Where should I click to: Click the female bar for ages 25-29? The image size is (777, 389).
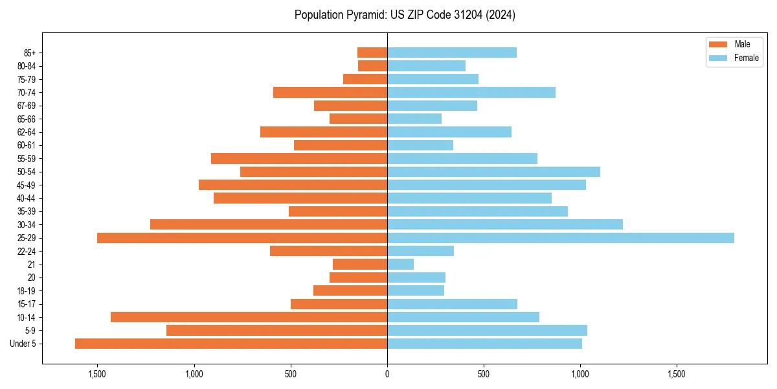tap(560, 238)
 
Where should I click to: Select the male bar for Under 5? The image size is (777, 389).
tap(231, 344)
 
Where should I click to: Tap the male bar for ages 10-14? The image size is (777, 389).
tap(249, 317)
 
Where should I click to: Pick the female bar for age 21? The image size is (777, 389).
tap(400, 265)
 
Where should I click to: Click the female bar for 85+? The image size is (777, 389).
tap(452, 53)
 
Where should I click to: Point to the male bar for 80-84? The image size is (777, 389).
tap(372, 65)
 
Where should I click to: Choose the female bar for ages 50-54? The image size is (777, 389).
tap(493, 172)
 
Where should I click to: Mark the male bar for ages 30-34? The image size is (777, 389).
tap(269, 224)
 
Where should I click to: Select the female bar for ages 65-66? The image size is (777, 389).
tap(414, 119)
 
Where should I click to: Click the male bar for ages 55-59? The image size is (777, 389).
tap(299, 158)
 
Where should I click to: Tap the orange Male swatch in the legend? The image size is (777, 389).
tap(718, 44)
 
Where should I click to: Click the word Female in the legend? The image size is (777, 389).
tap(746, 58)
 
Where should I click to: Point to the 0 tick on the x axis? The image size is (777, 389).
tap(387, 375)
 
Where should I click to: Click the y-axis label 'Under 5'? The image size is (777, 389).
tap(23, 344)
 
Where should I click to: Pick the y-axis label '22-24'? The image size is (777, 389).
tap(27, 252)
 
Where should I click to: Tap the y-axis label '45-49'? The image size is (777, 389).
tap(27, 185)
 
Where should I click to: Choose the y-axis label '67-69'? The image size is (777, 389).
tap(27, 106)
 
